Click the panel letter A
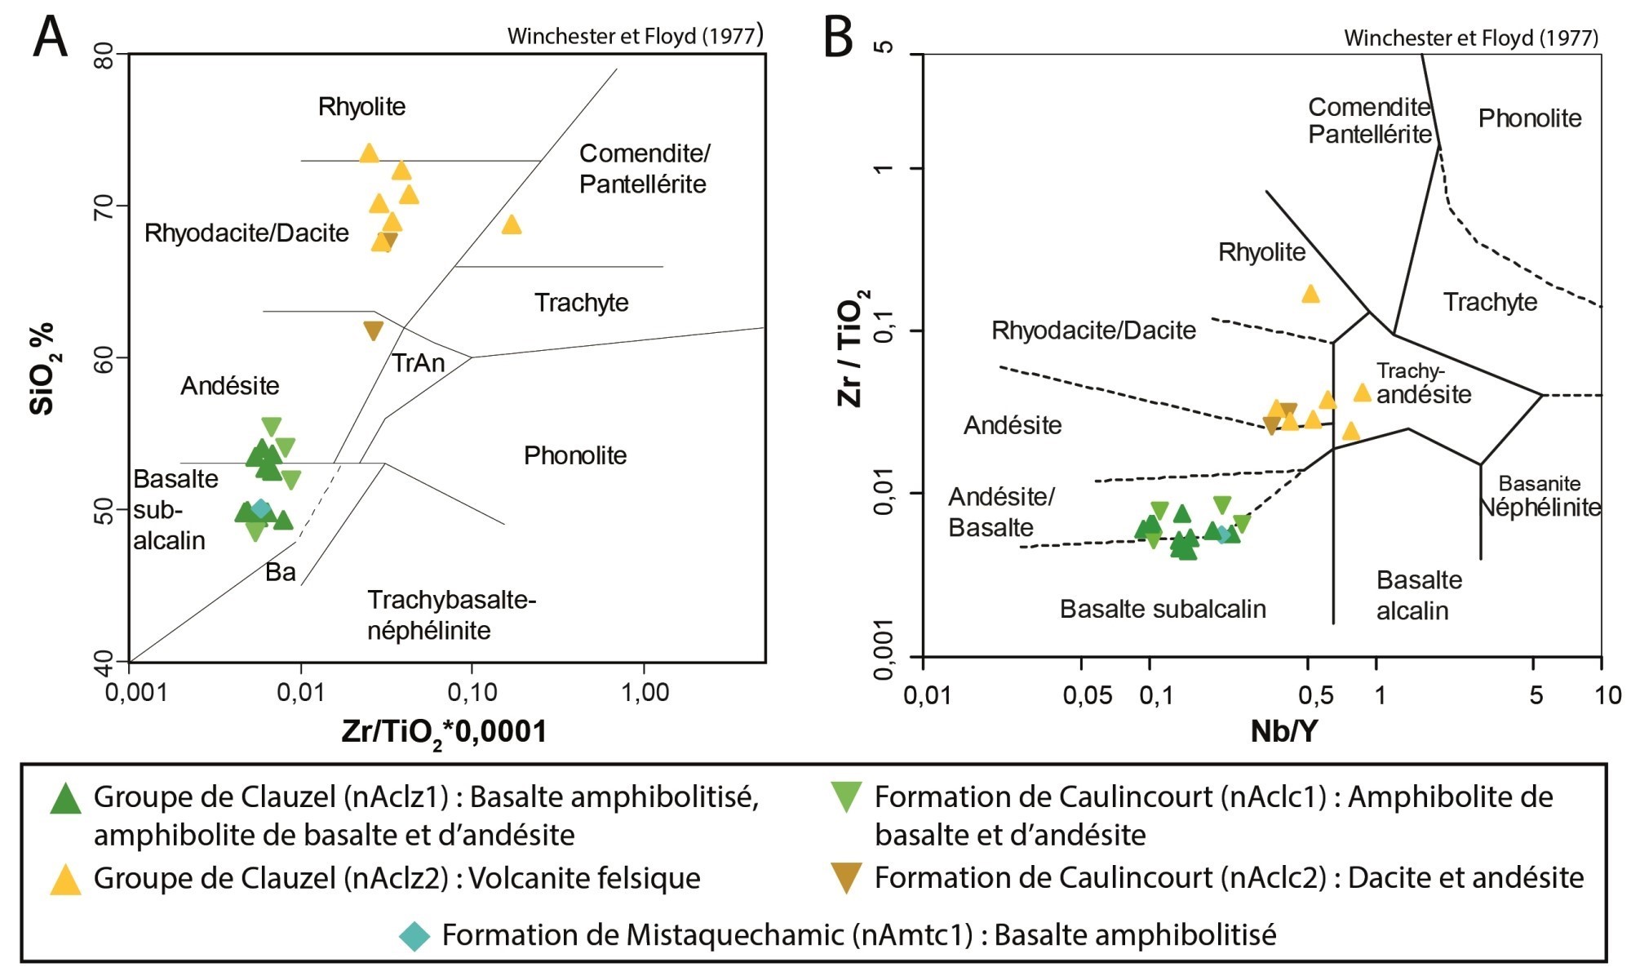(50, 37)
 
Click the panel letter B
(838, 37)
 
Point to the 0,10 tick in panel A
(472, 693)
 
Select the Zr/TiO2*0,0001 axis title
(444, 731)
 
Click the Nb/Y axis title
(1283, 731)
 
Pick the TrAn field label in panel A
(418, 362)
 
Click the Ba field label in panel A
(280, 572)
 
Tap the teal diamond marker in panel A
(260, 509)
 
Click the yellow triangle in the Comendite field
(512, 224)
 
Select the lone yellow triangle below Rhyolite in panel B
(1310, 294)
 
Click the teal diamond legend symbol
(414, 935)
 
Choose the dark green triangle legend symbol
(65, 799)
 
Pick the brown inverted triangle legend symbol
(846, 879)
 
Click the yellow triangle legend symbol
(65, 881)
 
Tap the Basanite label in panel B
(1539, 483)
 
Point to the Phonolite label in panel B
(1529, 118)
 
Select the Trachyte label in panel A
(581, 303)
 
